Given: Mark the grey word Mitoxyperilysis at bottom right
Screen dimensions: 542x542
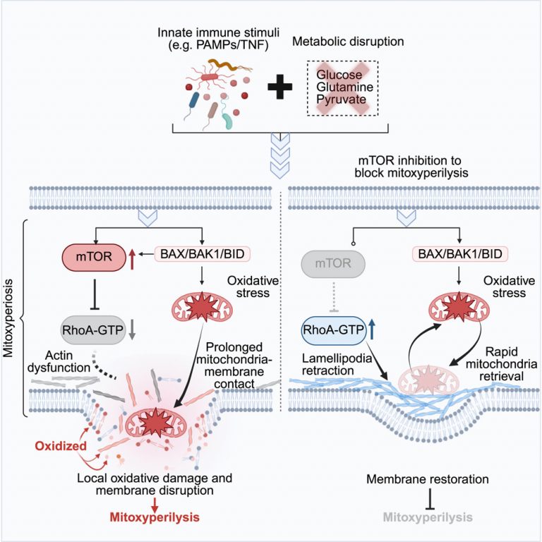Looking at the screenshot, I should (421, 517).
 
